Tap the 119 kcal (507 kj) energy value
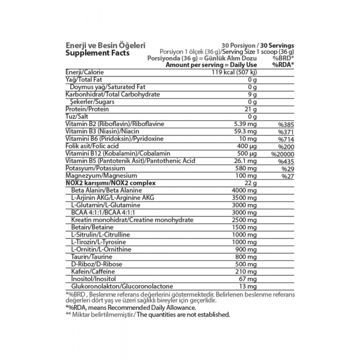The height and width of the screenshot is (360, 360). coord(234,72)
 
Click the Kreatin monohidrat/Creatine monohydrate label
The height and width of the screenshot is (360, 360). coord(132,220)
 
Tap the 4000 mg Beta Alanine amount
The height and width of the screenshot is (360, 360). coord(244,190)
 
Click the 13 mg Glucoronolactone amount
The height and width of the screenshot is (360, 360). coord(248,287)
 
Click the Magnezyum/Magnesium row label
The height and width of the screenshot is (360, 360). coord(101,176)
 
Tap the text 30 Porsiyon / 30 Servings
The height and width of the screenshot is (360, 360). coord(258,46)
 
